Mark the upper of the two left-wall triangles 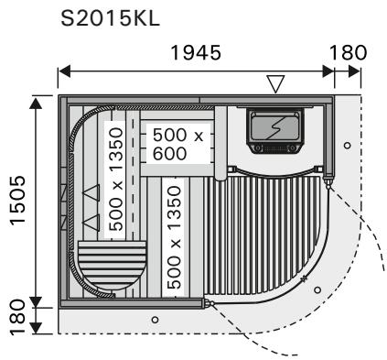tap(90, 193)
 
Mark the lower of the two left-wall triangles tap(90, 222)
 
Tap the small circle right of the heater tap(346, 146)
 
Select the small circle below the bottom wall tap(154, 319)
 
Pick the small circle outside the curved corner tap(317, 289)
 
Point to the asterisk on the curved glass tap(303, 276)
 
